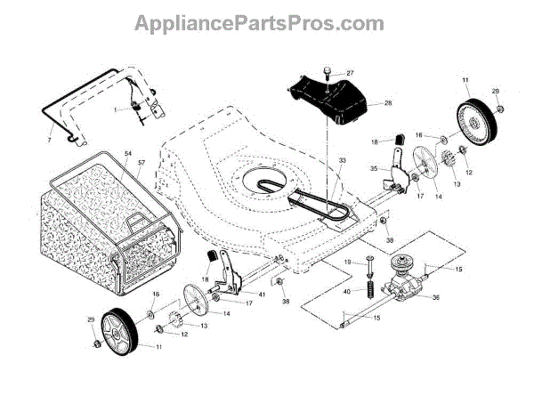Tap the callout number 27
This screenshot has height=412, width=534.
coord(351,73)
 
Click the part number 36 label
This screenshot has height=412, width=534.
coord(435,297)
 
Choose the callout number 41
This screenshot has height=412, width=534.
coord(262,294)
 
